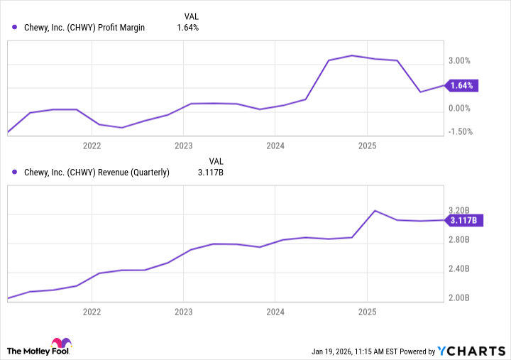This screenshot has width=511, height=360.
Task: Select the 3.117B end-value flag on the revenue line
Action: point(466,220)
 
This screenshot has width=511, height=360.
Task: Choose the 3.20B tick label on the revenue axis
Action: point(460,211)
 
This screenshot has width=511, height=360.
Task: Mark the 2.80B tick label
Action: point(460,240)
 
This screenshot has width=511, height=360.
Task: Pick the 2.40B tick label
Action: point(460,269)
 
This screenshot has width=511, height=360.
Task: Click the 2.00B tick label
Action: point(460,298)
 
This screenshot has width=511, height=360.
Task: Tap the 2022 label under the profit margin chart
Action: point(92,146)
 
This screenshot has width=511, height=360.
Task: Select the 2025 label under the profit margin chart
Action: point(366,146)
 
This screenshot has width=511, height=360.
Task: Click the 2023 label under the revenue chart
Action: point(183,312)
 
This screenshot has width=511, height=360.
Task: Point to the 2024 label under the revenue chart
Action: point(275,312)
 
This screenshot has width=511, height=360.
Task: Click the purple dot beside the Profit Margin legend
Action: point(15,28)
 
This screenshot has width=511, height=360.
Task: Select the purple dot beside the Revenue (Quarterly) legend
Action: point(15,172)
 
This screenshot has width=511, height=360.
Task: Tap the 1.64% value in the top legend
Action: point(187,28)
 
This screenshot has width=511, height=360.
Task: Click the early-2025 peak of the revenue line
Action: point(375,211)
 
